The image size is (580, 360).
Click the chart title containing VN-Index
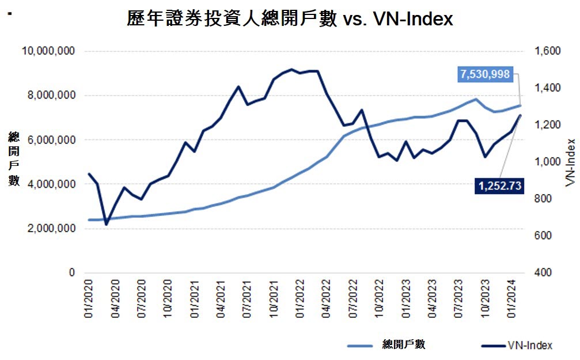point(290,18)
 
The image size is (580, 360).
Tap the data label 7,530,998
point(484,74)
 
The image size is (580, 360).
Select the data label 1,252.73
point(499,185)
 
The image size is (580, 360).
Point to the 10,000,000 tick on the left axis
point(48,51)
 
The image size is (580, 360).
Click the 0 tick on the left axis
point(72,273)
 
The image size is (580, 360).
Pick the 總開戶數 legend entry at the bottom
point(403,345)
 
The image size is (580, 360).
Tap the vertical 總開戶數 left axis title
point(13,158)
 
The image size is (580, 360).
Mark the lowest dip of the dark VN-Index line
point(107,224)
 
